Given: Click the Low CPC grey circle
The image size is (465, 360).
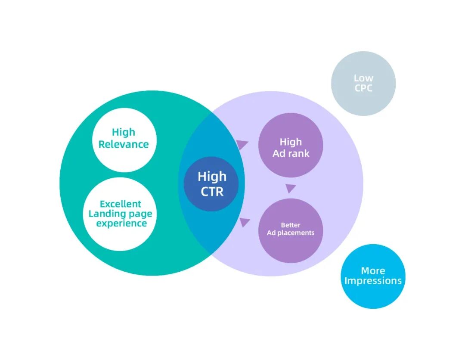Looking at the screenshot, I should (x=363, y=84).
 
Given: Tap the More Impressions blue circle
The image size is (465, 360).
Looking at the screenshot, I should (x=373, y=276).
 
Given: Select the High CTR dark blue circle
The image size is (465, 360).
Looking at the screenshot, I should (x=211, y=183).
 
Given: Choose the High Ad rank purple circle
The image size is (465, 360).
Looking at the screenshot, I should (x=291, y=145).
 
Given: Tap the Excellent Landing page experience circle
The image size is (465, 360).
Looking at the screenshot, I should (x=121, y=214).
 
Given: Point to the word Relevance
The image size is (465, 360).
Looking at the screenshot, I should (x=124, y=144).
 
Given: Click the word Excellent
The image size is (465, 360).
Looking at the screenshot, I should (x=121, y=204).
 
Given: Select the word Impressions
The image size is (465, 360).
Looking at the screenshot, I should (x=373, y=281).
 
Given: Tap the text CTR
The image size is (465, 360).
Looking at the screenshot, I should (x=212, y=191).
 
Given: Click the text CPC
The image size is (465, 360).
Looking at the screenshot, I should (x=363, y=89).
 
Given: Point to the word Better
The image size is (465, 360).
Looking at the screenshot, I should (x=291, y=225).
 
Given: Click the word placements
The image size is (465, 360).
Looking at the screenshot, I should (x=298, y=233).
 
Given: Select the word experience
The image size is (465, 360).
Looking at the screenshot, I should (x=121, y=223).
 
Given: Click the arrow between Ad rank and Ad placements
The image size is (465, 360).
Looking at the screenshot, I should (x=291, y=189).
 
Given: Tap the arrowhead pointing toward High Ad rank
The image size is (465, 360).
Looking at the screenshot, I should (x=242, y=145).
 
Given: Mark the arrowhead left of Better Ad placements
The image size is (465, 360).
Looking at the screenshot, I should (x=245, y=222).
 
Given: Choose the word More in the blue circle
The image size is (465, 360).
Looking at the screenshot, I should (x=373, y=271).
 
